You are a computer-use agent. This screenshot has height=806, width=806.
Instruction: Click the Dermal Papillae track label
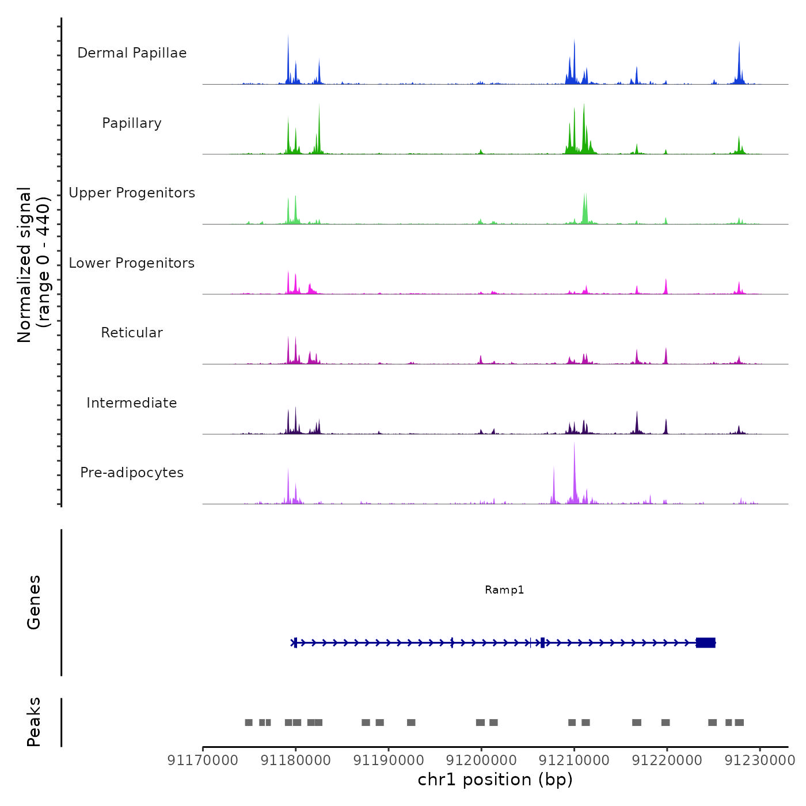(x=132, y=53)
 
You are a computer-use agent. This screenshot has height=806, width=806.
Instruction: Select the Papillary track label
(x=132, y=123)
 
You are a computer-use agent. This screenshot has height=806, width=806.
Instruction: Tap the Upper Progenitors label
(x=132, y=193)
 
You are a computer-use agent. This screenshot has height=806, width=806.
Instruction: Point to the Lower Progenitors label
(x=132, y=263)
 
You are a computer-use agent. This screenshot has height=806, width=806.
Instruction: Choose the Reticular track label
(x=132, y=333)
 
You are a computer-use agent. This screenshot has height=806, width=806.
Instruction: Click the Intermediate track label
(x=132, y=403)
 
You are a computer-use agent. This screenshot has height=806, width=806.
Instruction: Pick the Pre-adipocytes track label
(x=132, y=473)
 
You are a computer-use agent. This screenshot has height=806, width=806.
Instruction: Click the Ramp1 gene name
(x=504, y=590)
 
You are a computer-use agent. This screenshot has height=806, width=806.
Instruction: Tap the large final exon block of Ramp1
(x=705, y=642)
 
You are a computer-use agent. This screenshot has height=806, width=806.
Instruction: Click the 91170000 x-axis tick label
(x=203, y=761)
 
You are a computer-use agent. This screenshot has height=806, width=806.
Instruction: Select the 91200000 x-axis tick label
(x=481, y=761)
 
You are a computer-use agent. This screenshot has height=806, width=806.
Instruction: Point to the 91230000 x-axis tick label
(x=759, y=761)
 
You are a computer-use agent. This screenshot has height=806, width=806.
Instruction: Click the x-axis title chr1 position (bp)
(x=495, y=780)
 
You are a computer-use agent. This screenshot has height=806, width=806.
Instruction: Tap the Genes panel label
(x=34, y=602)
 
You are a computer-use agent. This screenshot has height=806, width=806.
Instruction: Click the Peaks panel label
(x=34, y=722)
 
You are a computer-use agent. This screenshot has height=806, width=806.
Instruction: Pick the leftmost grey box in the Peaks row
(x=249, y=723)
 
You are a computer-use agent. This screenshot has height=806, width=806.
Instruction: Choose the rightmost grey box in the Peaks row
(x=739, y=723)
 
